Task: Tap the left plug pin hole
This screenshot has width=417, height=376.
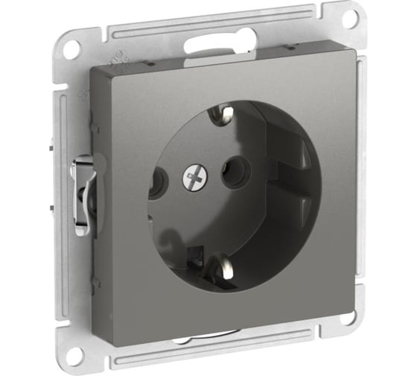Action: (x=156, y=181)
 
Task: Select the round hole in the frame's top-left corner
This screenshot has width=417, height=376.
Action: (x=69, y=50)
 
